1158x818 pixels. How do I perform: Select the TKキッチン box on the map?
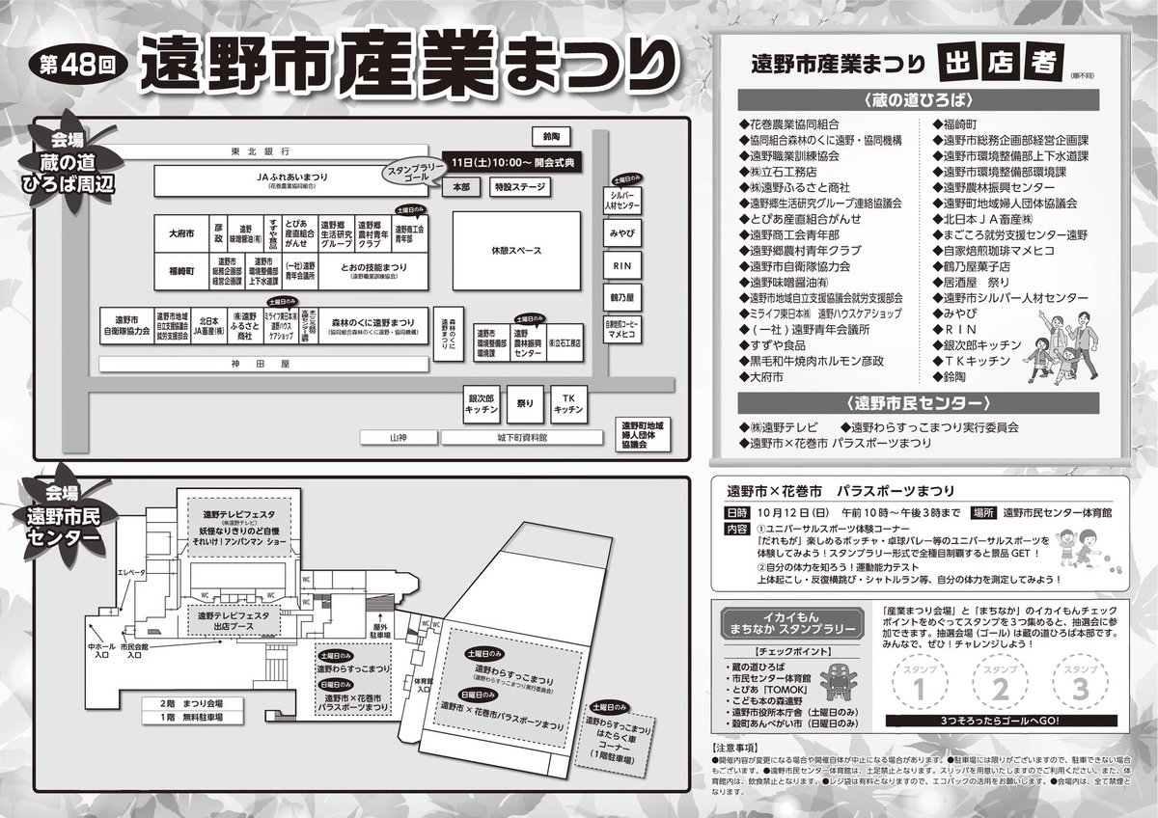pos(568,404)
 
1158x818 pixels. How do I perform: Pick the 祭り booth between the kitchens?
pos(525,404)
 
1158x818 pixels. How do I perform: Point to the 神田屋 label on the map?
pos(261,366)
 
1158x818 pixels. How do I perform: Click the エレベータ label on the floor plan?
pos(129,572)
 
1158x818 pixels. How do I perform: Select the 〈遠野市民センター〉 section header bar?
pos(925,402)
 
